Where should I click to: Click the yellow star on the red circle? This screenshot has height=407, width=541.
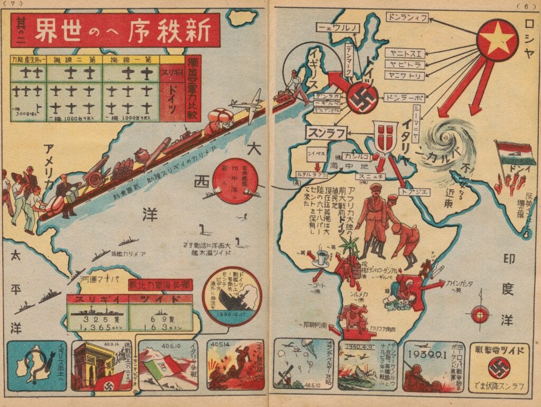click(x=498, y=41)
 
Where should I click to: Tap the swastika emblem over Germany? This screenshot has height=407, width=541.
click(x=362, y=99)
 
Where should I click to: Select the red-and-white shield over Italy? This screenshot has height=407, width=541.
click(x=385, y=135)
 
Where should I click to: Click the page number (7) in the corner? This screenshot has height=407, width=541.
click(x=14, y=4)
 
